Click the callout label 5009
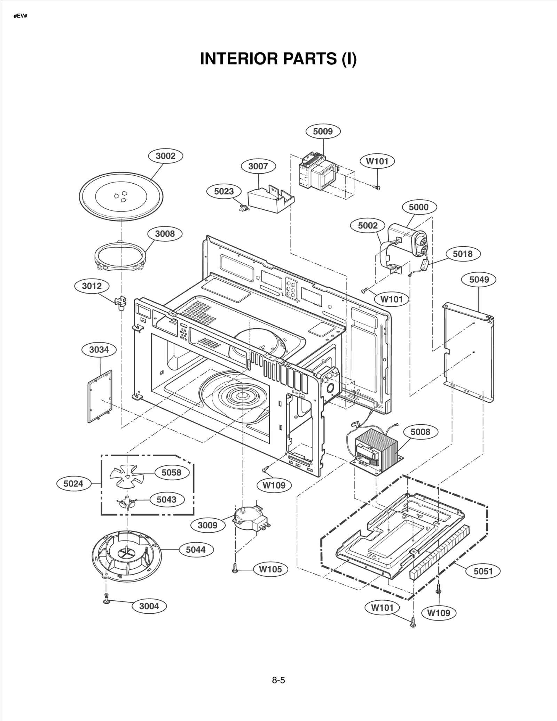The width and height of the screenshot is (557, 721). pos(323,131)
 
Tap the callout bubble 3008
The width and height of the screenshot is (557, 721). pos(165,234)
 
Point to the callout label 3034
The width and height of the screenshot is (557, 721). pos(99,350)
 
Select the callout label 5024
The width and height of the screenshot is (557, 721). pos(73,483)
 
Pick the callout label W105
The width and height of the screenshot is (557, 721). pos(270,569)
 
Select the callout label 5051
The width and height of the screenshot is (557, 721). pos(483,571)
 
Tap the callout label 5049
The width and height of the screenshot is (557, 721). pos(479,280)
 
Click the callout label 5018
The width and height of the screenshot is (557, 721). pos(462,254)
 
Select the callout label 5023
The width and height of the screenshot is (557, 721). pos(223,191)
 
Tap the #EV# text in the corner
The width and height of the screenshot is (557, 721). pos(21,16)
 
